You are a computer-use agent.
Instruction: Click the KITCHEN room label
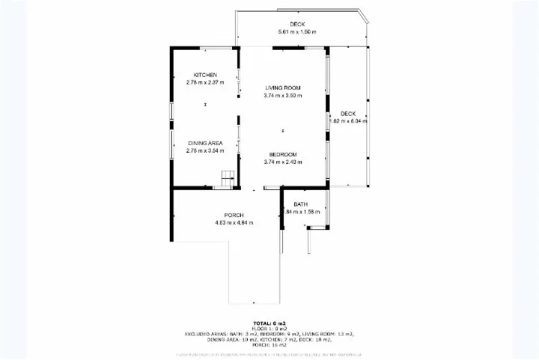click(x=205, y=75)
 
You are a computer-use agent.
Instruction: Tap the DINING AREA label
click(x=205, y=143)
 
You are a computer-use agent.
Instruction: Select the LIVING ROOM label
click(x=283, y=88)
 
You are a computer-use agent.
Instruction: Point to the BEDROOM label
click(x=283, y=155)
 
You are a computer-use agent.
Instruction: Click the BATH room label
click(x=300, y=204)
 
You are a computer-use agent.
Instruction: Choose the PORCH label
click(x=234, y=216)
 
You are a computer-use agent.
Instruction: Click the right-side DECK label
click(x=348, y=114)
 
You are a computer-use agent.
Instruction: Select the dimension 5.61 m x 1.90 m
click(x=297, y=32)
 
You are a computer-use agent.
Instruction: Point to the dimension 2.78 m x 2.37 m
click(x=205, y=82)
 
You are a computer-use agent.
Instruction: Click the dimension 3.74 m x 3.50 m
click(x=283, y=96)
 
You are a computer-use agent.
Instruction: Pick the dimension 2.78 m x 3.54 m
click(x=205, y=150)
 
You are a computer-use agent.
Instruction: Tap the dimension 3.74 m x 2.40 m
click(x=283, y=162)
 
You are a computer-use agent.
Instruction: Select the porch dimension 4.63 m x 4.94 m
click(x=234, y=223)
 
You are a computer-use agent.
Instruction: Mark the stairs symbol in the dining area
click(x=228, y=178)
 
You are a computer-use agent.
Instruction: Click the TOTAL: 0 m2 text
click(x=269, y=324)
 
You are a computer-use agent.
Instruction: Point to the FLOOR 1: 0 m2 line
click(x=269, y=329)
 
